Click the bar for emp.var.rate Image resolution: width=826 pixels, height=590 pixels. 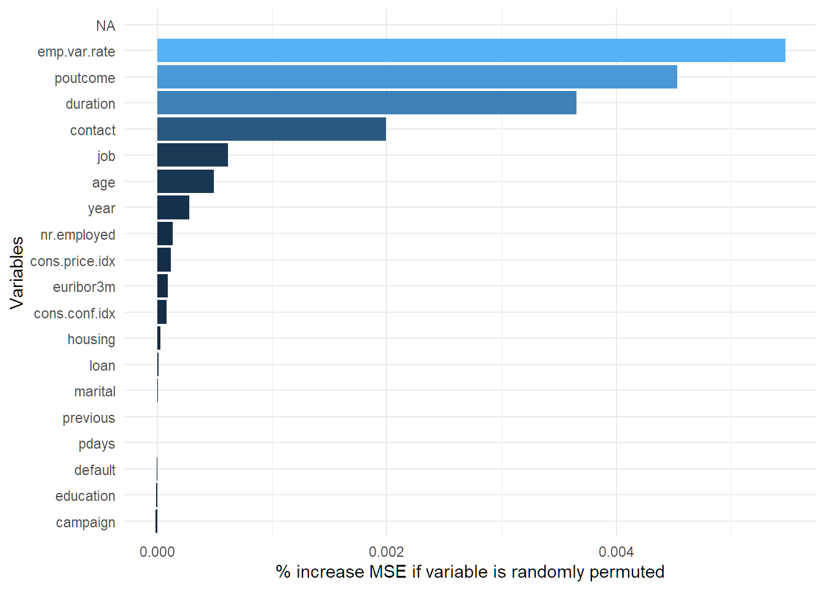471,50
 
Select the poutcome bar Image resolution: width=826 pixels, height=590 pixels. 417,77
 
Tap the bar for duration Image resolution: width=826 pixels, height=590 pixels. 366,103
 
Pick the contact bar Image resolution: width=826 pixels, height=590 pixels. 271,129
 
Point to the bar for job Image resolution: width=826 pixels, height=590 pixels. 192,155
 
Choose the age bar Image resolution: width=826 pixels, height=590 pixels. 185,181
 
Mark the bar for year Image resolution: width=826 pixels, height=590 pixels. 173,207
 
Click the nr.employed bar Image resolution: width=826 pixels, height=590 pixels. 165,234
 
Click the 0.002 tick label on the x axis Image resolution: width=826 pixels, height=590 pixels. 387,551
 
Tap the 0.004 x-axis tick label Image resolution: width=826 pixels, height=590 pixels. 616,551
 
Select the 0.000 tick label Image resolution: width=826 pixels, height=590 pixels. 157,551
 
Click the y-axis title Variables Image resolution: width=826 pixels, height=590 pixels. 17,272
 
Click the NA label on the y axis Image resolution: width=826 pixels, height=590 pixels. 105,26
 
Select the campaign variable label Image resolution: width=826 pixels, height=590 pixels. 85,522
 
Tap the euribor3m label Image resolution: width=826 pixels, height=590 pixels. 84,287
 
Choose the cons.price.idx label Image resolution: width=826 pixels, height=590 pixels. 73,261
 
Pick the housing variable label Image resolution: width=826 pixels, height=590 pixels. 91,339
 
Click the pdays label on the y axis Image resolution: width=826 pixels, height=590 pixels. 96,444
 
